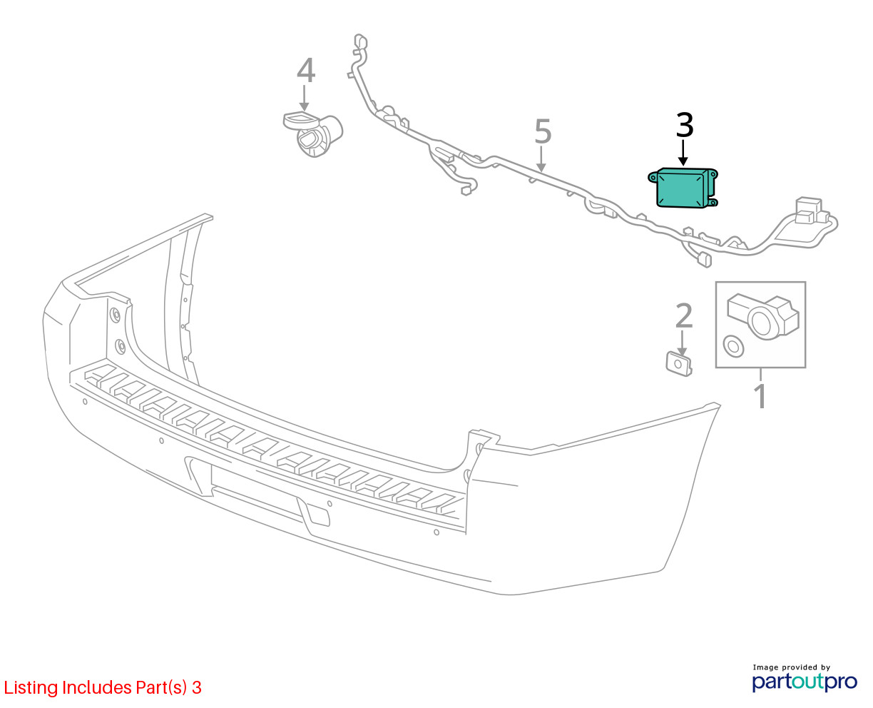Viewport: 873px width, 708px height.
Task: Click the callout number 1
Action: [x=760, y=396]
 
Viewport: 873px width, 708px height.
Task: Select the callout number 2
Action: [x=684, y=315]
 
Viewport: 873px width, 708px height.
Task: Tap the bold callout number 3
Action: [x=685, y=125]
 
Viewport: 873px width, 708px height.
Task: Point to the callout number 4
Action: [x=306, y=70]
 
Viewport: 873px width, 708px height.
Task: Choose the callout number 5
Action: [x=543, y=131]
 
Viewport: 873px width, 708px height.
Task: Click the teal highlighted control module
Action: [x=683, y=188]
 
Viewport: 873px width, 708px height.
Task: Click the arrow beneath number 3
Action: [x=683, y=153]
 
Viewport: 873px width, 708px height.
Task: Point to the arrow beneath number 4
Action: [x=304, y=98]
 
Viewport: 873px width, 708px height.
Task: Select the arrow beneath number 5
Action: [x=541, y=159]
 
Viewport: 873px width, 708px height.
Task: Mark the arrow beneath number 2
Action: [x=682, y=343]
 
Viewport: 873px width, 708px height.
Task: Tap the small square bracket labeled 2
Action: [x=679, y=364]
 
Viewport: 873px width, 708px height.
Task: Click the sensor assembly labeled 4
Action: [x=313, y=134]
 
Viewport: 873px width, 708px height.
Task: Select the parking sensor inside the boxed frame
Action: [x=762, y=317]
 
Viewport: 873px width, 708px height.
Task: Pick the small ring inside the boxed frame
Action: [x=733, y=347]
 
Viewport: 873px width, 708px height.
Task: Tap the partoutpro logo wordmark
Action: [x=805, y=682]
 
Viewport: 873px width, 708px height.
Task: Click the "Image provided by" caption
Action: [x=792, y=667]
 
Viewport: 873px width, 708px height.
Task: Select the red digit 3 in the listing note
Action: [x=197, y=688]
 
